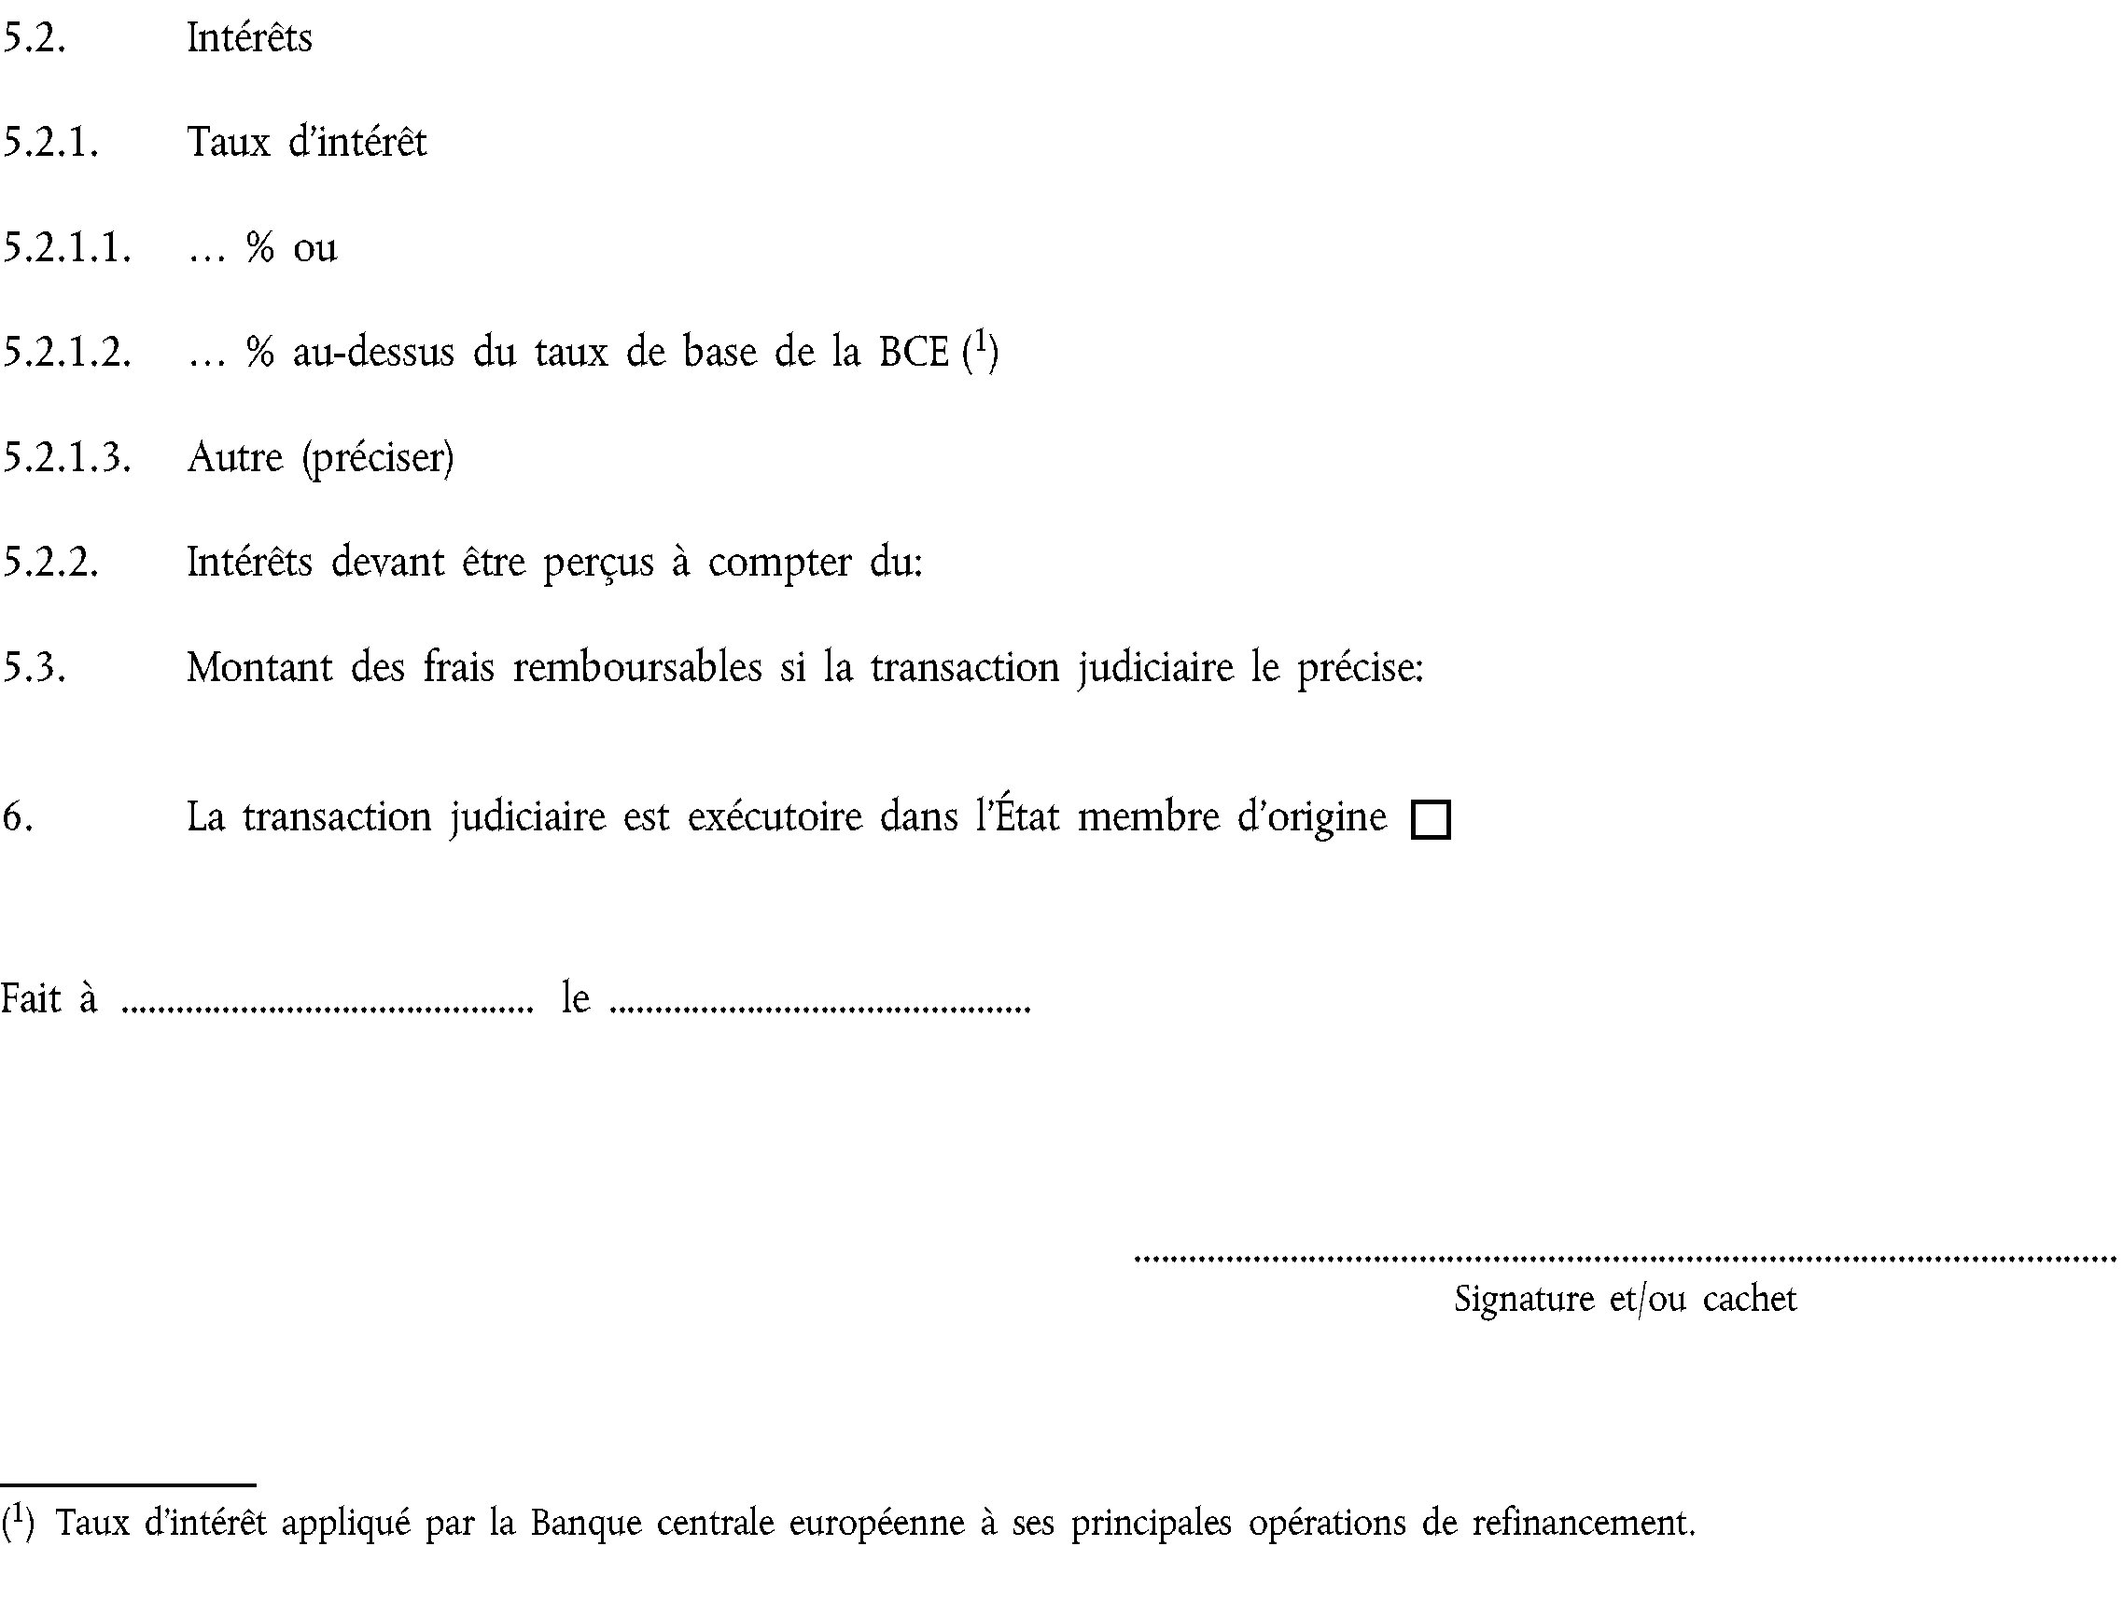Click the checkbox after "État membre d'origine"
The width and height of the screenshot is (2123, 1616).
pos(1430,820)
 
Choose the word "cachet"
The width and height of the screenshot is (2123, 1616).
pos(1749,1300)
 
